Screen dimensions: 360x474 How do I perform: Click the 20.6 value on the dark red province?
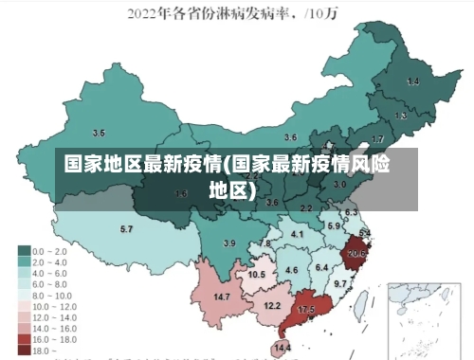[x=356, y=253]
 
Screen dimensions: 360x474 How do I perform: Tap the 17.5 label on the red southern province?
[x=306, y=310]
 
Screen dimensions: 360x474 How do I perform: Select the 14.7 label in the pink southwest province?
[x=222, y=297]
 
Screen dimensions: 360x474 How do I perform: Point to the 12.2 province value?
[x=272, y=305]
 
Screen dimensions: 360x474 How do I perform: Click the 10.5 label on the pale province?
[x=257, y=274]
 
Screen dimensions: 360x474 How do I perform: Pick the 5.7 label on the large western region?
[x=126, y=229]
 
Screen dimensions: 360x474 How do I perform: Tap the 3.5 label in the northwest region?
[x=99, y=133]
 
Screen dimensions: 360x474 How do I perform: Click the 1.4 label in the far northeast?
[x=413, y=82]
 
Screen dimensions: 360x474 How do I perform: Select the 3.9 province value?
[x=228, y=243]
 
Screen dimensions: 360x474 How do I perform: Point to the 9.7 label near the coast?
[x=340, y=283]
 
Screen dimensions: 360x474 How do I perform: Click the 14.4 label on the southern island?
[x=282, y=348]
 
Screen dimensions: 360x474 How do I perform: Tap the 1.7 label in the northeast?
[x=377, y=138]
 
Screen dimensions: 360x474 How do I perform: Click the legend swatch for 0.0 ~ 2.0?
[x=24, y=250]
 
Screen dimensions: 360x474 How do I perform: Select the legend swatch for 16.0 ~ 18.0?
[x=24, y=338]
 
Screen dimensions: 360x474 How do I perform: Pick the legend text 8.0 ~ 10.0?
[x=52, y=295]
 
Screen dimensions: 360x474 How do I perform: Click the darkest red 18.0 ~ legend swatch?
[x=24, y=350]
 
